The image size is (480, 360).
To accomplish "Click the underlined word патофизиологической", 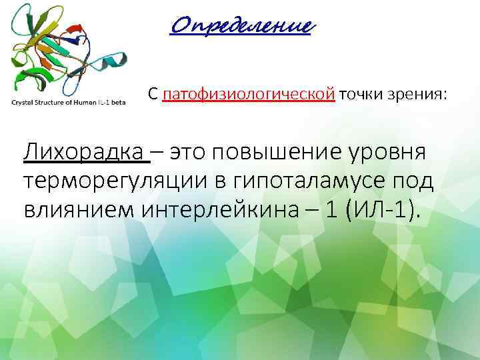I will pos(248,95).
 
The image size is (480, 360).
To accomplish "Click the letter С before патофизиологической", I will pos(153,95).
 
